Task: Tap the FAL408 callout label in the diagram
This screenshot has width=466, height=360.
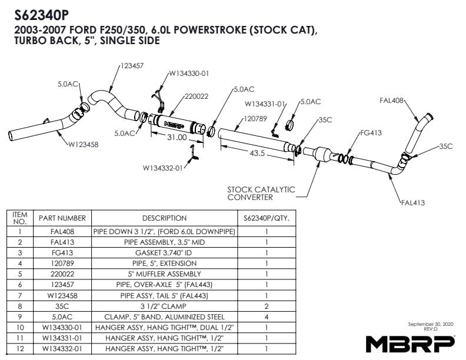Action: coord(392,101)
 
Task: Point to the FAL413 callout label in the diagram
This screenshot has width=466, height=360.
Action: coord(412,202)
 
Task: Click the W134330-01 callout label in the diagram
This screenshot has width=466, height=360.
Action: coord(189,74)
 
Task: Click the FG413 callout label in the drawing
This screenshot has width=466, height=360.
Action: coord(371,133)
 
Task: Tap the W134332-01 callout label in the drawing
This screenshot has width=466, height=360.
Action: coord(162,167)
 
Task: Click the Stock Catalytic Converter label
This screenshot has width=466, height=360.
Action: coord(261,194)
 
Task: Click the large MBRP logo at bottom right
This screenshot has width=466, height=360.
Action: coord(410,343)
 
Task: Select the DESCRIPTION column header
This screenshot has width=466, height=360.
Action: coord(164,218)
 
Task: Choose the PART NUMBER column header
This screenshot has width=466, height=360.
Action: coord(62,218)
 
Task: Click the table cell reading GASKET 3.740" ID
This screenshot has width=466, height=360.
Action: coord(164,253)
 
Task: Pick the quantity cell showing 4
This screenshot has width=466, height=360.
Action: coord(267,316)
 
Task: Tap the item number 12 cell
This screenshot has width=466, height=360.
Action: coord(20,348)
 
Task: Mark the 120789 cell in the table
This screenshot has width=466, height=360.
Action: coord(62,264)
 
